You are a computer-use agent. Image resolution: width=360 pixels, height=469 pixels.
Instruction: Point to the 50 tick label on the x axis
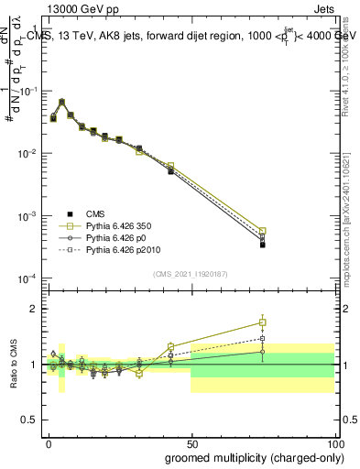(x=191, y=442)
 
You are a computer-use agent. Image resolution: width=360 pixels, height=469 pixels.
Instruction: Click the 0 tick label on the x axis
(x=49, y=442)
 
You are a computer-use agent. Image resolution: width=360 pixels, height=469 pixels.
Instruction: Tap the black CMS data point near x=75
(x=262, y=245)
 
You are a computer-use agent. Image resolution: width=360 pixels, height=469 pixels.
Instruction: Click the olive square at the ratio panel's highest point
(x=262, y=322)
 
